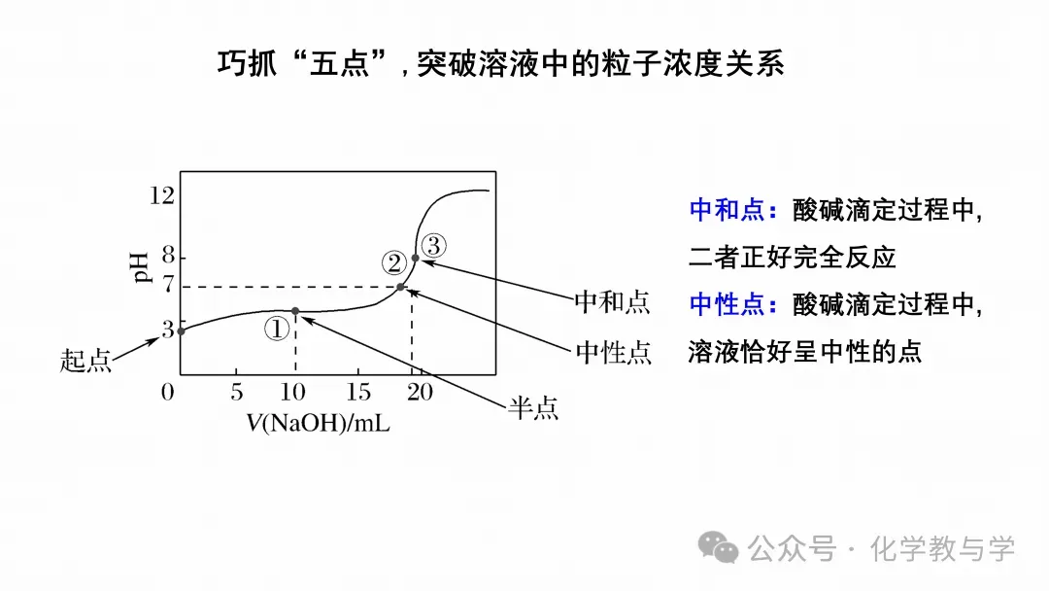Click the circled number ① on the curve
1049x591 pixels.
tap(278, 328)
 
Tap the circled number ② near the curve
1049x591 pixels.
tap(393, 262)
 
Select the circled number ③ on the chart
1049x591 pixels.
tap(433, 244)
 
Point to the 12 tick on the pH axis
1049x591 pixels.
tap(162, 196)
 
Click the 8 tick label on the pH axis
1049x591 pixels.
tap(168, 257)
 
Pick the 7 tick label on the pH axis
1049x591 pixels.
tap(168, 286)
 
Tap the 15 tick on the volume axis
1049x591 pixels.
tap(359, 393)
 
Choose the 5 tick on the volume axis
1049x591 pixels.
tap(236, 393)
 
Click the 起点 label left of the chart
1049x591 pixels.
tap(86, 361)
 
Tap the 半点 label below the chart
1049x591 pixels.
tap(533, 408)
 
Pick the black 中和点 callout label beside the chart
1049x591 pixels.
tap(612, 302)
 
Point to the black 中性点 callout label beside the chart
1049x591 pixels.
tap(613, 352)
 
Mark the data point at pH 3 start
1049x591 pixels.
tap(181, 330)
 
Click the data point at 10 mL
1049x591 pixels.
tap(295, 311)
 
